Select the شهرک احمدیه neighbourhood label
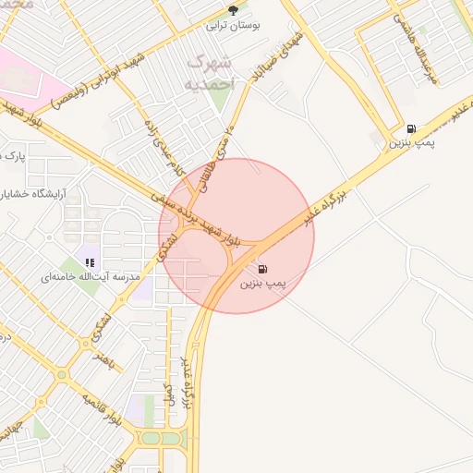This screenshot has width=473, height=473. [x=212, y=72]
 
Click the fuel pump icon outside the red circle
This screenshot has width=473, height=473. [x=410, y=128]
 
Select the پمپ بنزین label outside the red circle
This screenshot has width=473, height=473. [x=411, y=143]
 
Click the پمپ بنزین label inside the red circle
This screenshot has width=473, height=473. [x=265, y=284]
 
